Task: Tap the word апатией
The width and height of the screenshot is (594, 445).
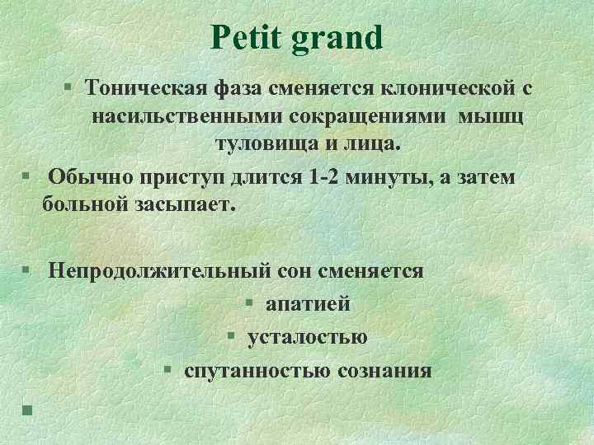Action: point(308,303)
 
